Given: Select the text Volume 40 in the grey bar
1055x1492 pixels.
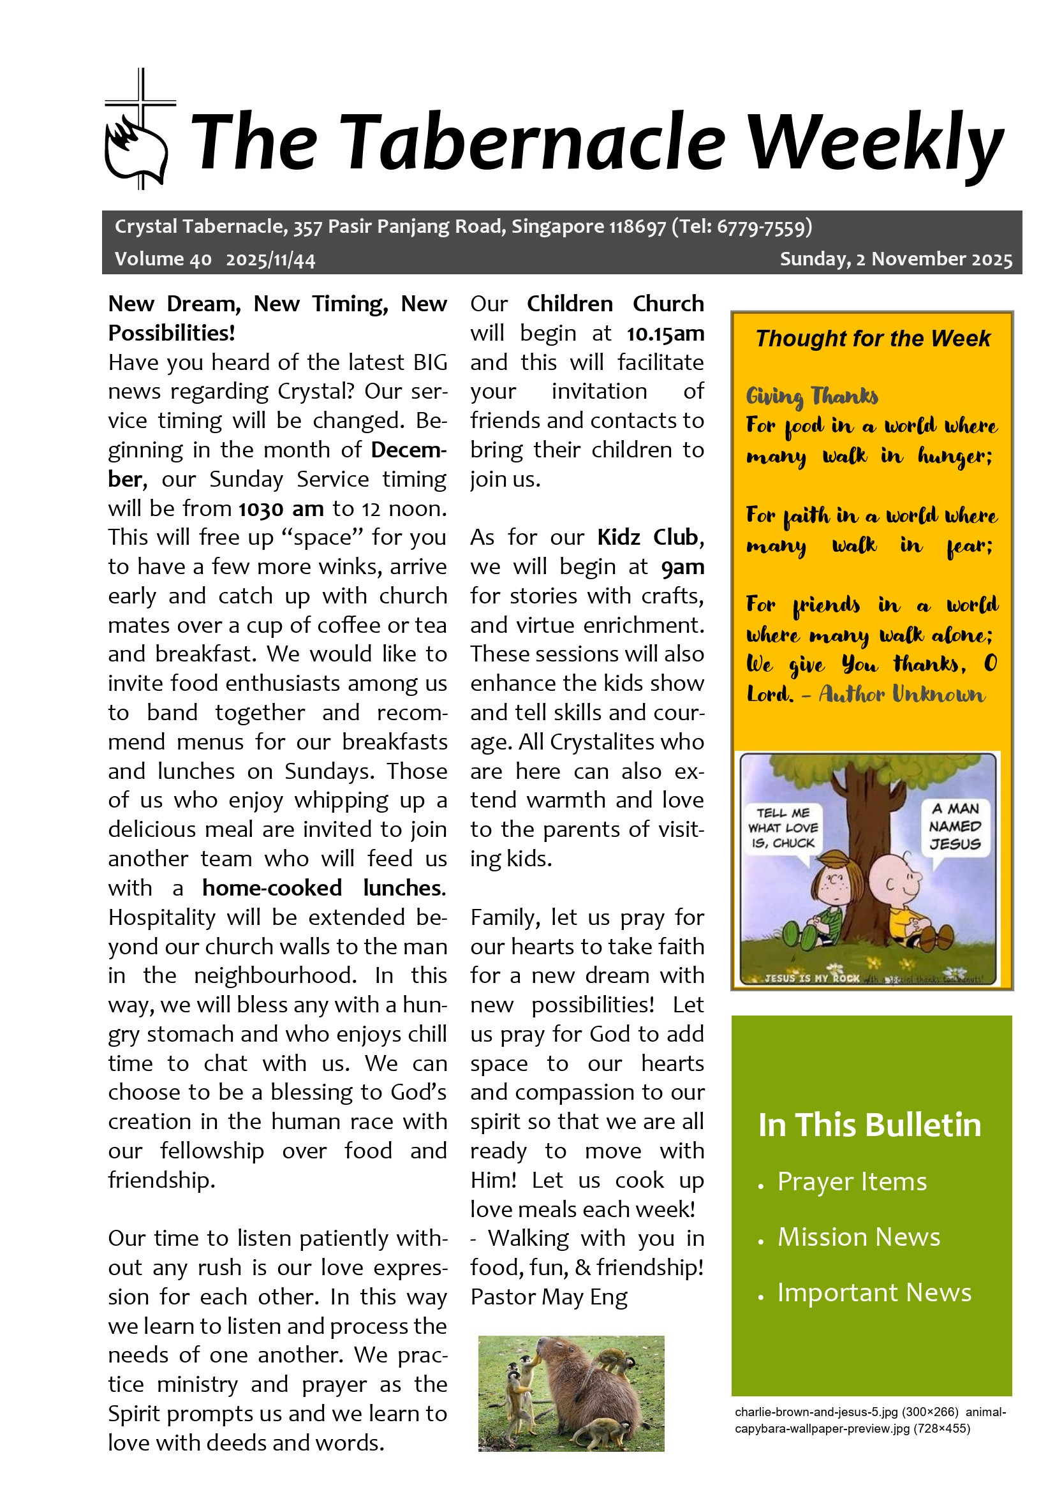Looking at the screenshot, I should click(x=163, y=259).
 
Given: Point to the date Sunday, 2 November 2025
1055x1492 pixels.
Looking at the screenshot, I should click(x=895, y=259).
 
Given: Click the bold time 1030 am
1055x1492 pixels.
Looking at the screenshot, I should click(x=281, y=509).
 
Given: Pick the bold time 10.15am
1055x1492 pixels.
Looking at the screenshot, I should click(x=665, y=334).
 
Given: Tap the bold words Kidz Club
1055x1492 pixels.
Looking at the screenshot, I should click(x=647, y=537).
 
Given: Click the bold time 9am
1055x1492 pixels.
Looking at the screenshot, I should click(x=682, y=567).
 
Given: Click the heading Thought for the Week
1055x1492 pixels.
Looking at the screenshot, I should click(x=872, y=339).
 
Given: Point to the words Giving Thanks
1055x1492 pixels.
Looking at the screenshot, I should click(x=812, y=395).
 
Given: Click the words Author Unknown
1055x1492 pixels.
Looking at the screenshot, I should click(x=901, y=695).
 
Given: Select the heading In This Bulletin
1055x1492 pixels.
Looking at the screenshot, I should click(x=869, y=1125).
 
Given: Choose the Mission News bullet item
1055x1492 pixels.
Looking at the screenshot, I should click(x=858, y=1237).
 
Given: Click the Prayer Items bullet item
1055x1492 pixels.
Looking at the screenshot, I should click(x=852, y=1181).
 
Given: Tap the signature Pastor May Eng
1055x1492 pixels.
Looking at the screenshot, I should click(x=549, y=1296).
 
